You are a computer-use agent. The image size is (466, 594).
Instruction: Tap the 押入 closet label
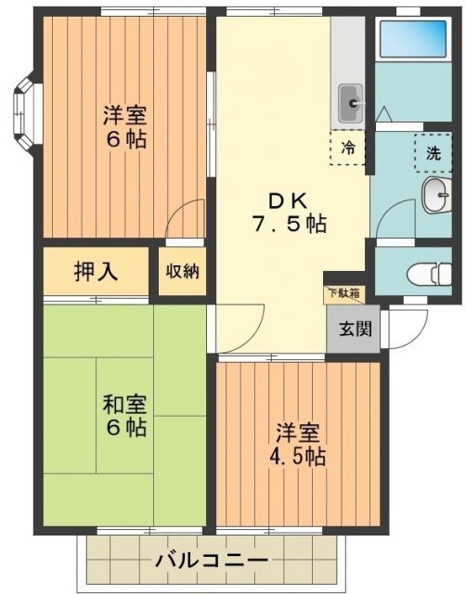point(96,271)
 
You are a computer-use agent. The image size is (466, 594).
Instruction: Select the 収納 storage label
point(182,271)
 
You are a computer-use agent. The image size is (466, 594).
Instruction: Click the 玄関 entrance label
point(353,328)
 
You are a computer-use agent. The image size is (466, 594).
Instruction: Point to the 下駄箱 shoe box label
point(343,293)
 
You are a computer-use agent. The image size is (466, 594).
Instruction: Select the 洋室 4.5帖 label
point(299,445)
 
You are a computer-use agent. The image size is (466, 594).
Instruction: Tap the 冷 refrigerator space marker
point(348,147)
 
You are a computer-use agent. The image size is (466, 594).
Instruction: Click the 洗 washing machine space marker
point(433,154)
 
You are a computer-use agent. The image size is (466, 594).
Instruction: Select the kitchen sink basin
point(351,101)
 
